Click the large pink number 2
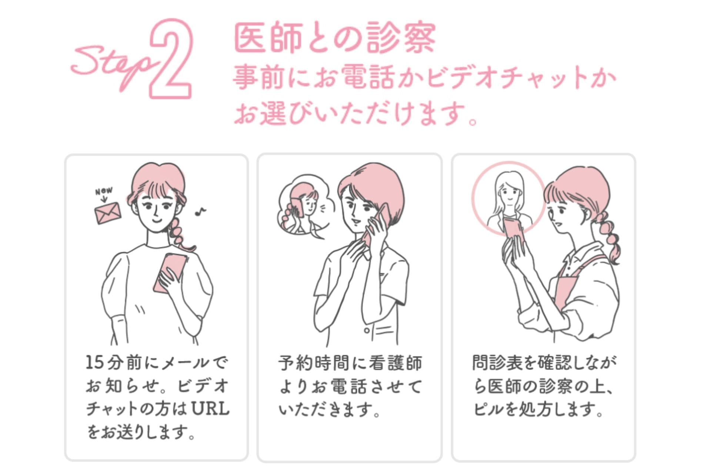click(x=171, y=59)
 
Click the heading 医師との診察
click(x=335, y=38)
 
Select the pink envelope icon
click(x=108, y=213)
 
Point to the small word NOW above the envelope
click(x=104, y=191)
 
